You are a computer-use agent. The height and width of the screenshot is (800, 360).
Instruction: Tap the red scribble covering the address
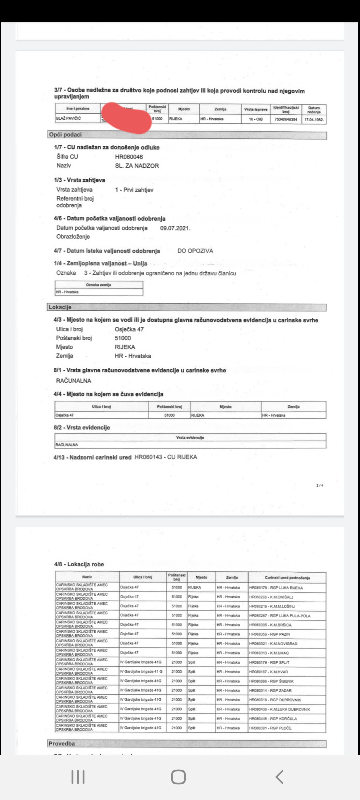coord(127,118)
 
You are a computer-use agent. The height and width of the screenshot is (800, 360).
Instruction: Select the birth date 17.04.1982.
coord(314,120)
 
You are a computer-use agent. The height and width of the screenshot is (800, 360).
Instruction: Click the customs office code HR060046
coord(129,157)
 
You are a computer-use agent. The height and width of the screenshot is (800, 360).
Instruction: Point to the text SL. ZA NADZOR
coord(137,166)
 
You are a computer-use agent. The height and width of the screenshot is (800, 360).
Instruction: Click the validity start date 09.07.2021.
coord(175,228)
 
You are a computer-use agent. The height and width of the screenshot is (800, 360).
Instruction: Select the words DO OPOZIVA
coord(195,251)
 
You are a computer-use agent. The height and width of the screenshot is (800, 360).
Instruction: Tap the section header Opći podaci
coord(65,135)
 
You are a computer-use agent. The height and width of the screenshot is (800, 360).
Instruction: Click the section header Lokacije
coord(60,307)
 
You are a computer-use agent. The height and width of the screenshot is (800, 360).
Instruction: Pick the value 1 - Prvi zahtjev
coord(134,190)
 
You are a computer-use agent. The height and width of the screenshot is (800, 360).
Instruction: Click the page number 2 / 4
coord(320,485)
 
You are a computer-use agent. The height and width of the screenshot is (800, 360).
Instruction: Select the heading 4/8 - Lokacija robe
coord(79,564)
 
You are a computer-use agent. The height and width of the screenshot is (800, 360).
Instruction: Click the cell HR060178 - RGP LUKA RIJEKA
coord(276,588)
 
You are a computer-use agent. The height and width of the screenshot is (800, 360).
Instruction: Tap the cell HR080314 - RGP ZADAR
coord(270,690)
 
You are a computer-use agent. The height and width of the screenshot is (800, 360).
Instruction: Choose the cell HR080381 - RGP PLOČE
coord(270,728)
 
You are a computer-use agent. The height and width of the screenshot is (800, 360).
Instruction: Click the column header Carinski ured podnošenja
coord(287,578)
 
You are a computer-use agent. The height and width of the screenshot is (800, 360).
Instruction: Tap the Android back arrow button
coord(280,777)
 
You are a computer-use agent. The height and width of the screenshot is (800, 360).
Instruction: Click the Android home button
coord(178,777)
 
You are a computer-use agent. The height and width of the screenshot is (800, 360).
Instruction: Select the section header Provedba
coord(62,744)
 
